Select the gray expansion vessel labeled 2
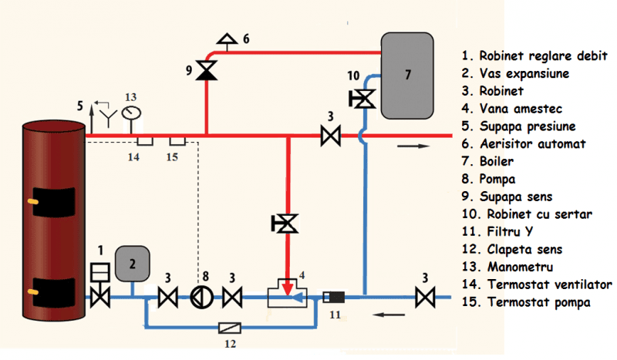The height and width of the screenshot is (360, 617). point(132,264)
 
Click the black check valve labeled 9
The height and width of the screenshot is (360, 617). point(206,72)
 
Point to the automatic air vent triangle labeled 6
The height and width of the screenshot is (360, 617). point(227,38)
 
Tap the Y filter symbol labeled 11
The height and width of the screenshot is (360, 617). point(334,296)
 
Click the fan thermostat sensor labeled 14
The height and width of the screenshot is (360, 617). point(143,141)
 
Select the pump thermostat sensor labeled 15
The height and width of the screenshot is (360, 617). point(177,141)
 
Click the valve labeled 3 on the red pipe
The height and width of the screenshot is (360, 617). point(330,137)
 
